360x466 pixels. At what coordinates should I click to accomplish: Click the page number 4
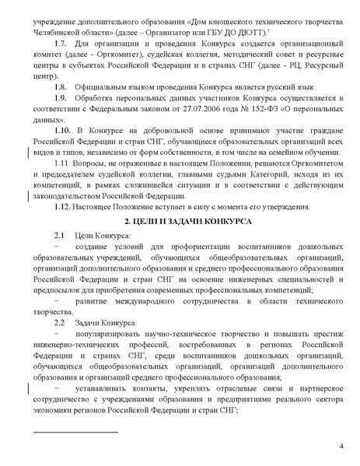tap(342, 447)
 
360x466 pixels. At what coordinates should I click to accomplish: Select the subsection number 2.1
tap(58, 235)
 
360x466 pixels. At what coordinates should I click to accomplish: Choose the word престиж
tap(328, 333)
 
